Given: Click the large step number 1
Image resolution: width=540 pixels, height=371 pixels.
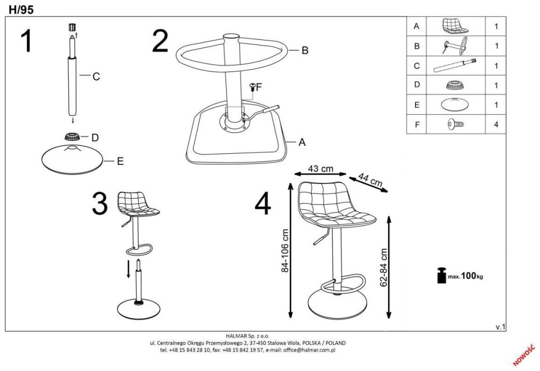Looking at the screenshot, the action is [x=26, y=41].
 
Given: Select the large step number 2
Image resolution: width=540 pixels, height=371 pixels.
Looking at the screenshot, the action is [x=160, y=41].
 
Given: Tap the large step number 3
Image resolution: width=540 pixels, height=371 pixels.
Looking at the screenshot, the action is [x=100, y=203].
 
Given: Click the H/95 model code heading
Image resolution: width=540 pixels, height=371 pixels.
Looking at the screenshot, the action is [x=21, y=10].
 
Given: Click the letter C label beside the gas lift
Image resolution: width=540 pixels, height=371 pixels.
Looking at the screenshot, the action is [x=96, y=77].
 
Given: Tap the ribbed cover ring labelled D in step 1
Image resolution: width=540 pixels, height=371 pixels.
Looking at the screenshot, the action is [x=73, y=136].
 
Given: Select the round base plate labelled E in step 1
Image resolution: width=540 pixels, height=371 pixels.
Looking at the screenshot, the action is [x=73, y=159].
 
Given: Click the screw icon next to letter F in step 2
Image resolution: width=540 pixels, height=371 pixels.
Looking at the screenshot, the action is [x=253, y=87].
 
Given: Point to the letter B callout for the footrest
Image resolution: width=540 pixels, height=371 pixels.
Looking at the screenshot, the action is [x=305, y=50].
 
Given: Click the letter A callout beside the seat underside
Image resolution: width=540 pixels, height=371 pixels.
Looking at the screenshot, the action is [x=302, y=142].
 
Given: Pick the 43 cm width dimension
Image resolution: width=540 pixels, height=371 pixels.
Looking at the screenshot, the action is [x=321, y=168].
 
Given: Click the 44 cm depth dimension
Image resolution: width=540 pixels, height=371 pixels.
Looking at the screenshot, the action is [x=371, y=180].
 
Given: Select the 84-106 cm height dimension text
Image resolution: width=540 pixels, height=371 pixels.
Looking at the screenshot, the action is [x=285, y=251].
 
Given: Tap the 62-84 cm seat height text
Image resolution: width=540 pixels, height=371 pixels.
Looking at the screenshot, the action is [x=384, y=267].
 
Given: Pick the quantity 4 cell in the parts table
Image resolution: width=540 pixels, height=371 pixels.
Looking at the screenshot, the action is [x=496, y=124].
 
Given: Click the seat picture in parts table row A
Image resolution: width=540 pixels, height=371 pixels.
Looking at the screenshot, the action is [x=455, y=26].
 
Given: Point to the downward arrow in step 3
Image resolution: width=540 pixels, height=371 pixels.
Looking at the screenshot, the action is [x=128, y=269].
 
